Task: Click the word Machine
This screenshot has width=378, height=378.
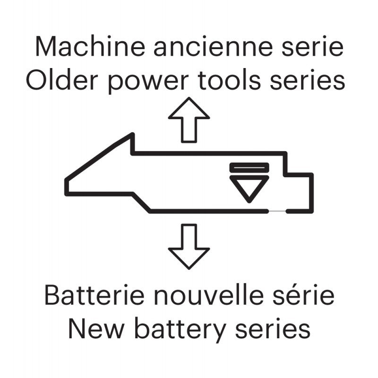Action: click(90, 46)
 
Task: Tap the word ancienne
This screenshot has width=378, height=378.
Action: click(213, 46)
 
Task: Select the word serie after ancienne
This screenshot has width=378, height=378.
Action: click(312, 46)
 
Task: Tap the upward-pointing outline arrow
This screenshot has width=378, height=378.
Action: click(189, 120)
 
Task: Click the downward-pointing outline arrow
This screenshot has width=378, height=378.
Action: click(189, 247)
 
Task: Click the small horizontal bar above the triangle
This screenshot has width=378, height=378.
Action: click(249, 168)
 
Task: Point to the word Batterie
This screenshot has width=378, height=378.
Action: click(94, 295)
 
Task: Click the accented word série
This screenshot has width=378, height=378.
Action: click(303, 295)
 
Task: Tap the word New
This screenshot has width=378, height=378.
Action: click(96, 329)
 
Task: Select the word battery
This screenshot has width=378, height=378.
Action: click(180, 331)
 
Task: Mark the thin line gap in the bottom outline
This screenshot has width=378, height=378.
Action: click(277, 211)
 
